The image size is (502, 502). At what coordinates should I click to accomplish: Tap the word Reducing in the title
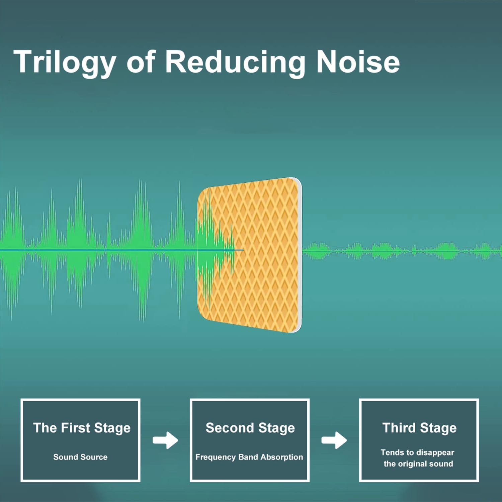pyautogui.click(x=235, y=62)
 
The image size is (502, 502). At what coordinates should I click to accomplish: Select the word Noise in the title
pyautogui.click(x=358, y=62)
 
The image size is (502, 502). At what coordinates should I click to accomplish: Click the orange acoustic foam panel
pyautogui.click(x=249, y=255)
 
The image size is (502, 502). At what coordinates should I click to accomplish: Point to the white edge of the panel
pyautogui.click(x=300, y=255)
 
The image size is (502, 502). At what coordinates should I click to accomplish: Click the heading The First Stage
pyautogui.click(x=82, y=428)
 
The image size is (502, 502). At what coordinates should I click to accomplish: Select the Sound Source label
pyautogui.click(x=80, y=457)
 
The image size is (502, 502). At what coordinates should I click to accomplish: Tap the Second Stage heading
pyautogui.click(x=250, y=428)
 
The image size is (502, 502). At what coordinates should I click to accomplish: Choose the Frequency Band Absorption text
pyautogui.click(x=249, y=457)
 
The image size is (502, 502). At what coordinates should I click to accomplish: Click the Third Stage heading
pyautogui.click(x=419, y=428)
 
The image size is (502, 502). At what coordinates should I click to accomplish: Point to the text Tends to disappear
pyautogui.click(x=417, y=452)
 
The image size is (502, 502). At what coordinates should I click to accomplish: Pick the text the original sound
pyautogui.click(x=418, y=464)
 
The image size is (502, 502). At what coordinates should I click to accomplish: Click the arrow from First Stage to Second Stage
pyautogui.click(x=165, y=440)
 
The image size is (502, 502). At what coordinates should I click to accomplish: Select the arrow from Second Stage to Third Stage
pyautogui.click(x=334, y=440)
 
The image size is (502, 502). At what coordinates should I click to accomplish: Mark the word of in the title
pyautogui.click(x=141, y=62)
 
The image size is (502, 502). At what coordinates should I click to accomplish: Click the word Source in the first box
pyautogui.click(x=94, y=457)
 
